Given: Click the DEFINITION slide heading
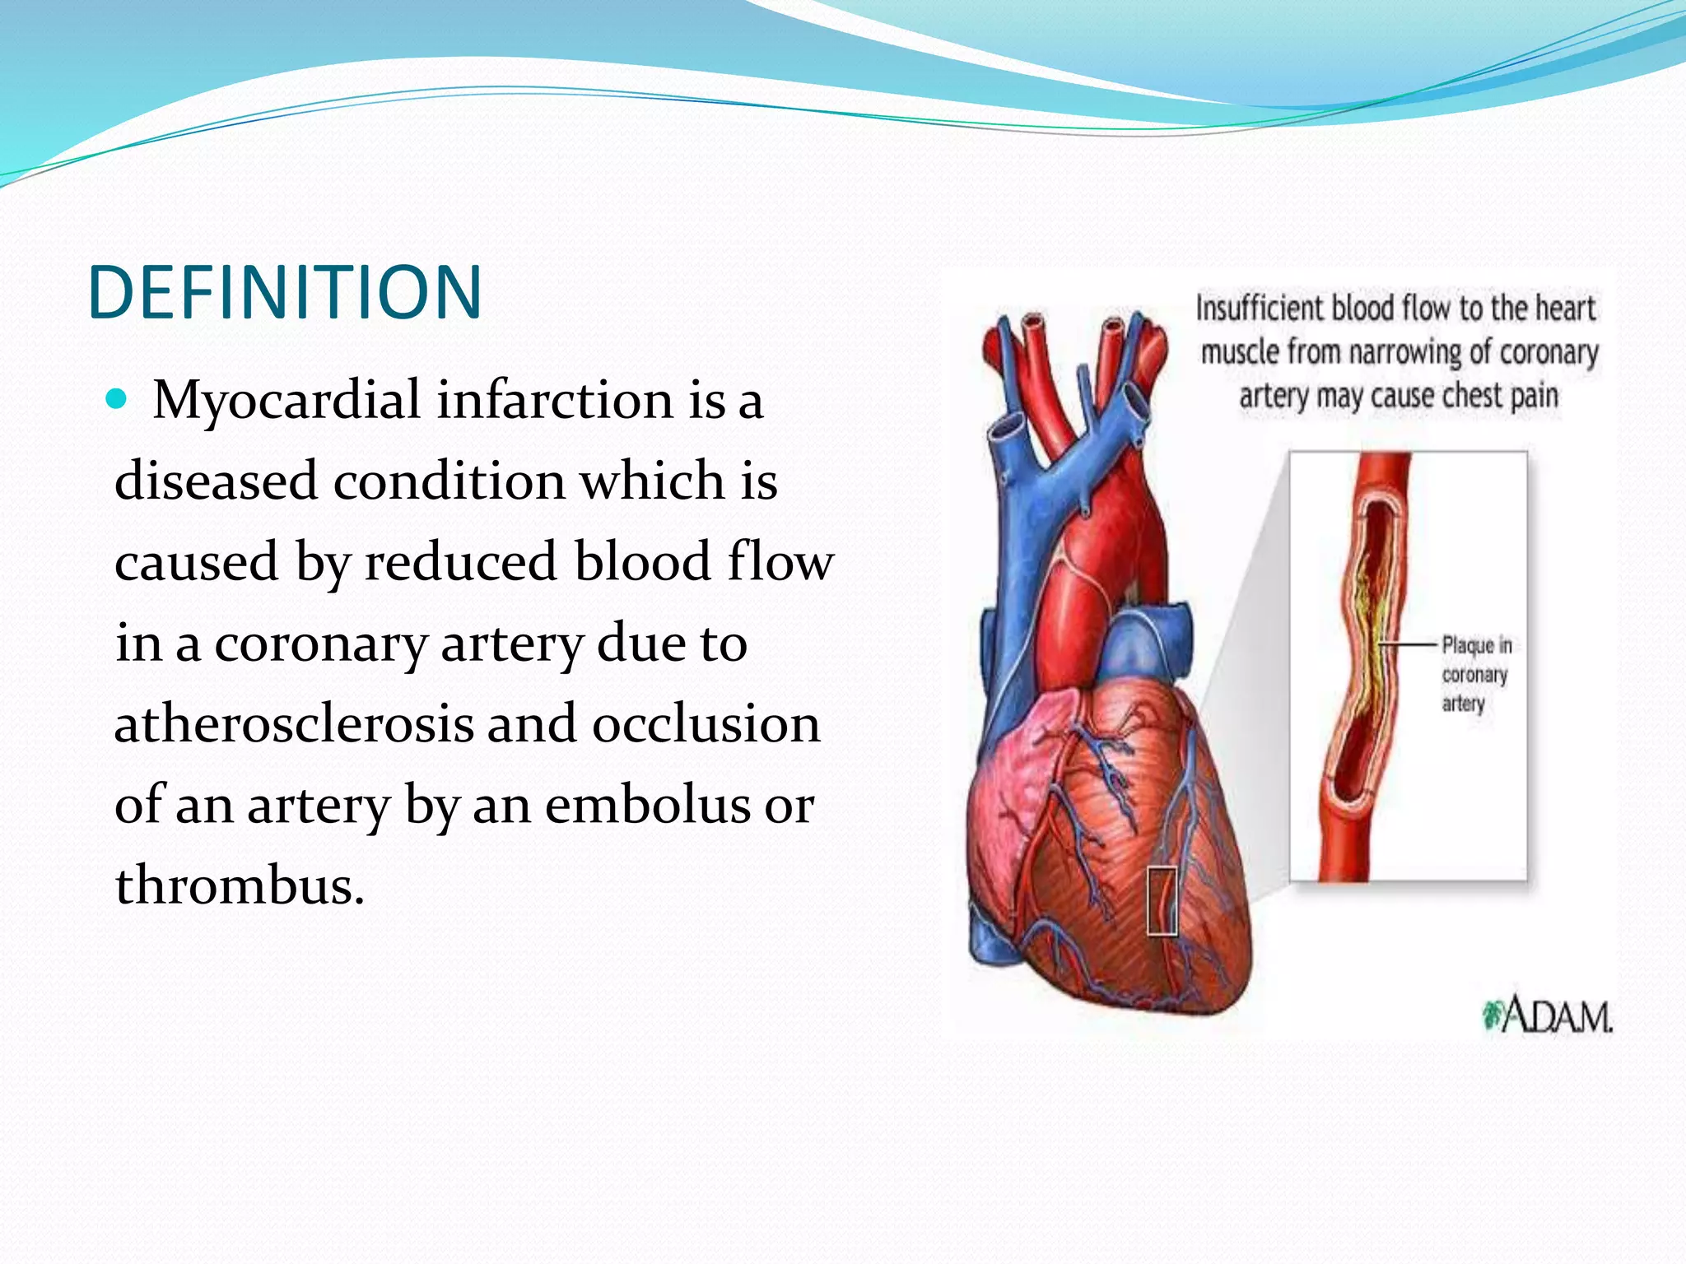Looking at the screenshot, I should [x=284, y=292].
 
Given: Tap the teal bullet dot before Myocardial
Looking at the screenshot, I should [x=117, y=400].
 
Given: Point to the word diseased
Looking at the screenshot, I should [x=216, y=481].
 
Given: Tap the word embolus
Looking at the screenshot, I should [x=647, y=805].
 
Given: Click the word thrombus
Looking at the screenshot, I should [x=239, y=885].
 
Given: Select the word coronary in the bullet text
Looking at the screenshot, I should [x=321, y=644].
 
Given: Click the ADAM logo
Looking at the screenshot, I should [x=1548, y=1015].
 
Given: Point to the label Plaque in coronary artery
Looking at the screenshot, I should [x=1476, y=675].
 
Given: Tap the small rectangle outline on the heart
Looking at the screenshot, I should [x=1162, y=900].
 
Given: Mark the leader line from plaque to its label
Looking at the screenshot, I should [x=1409, y=644].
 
